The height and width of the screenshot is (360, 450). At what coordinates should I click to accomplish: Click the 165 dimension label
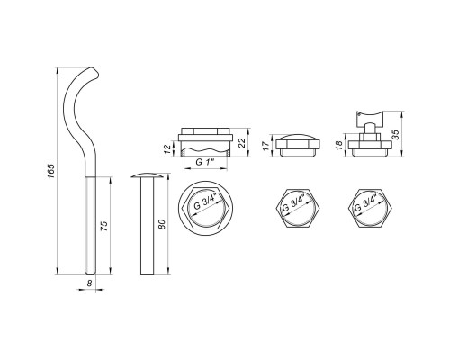[x=51, y=172]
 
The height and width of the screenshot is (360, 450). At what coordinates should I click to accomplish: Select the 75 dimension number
[x=103, y=226]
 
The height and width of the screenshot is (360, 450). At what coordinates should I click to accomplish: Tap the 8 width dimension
[x=89, y=283]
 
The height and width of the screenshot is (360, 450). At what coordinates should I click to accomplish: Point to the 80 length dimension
[x=162, y=224]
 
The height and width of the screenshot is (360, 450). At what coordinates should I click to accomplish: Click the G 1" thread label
[x=205, y=162]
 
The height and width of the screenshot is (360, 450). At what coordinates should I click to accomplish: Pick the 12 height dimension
[x=168, y=149]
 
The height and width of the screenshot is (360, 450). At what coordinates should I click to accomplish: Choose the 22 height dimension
[x=243, y=143]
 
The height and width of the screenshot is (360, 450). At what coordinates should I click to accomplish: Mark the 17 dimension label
[x=265, y=146]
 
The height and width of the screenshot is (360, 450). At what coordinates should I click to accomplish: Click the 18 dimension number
[x=339, y=146]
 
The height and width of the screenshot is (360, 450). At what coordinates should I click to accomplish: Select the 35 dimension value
[x=396, y=134]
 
